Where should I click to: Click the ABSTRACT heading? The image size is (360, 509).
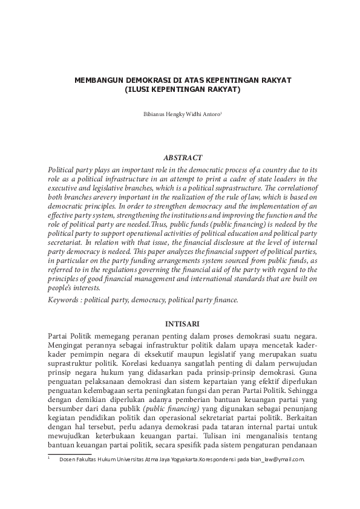180,157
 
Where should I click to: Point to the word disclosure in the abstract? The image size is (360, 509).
209,239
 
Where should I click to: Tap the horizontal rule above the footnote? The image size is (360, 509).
70,453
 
